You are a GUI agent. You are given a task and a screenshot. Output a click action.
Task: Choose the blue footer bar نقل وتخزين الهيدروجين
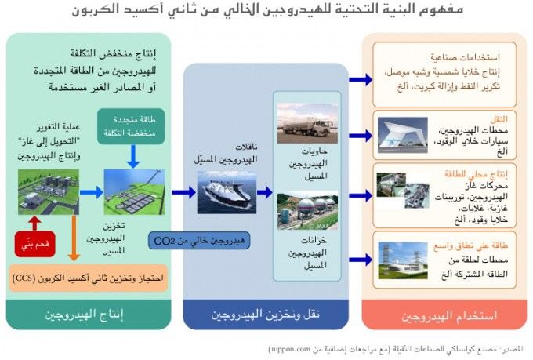click(x=266, y=315)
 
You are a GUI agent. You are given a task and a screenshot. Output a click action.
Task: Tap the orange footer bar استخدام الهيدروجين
click(x=444, y=315)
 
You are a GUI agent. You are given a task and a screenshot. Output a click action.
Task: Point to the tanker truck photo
click(x=306, y=123)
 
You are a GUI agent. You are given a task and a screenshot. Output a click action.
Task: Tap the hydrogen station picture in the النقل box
click(x=404, y=134)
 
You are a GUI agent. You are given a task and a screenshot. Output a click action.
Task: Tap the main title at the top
click(x=266, y=11)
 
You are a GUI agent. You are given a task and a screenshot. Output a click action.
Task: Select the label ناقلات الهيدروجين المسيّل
click(x=230, y=153)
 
